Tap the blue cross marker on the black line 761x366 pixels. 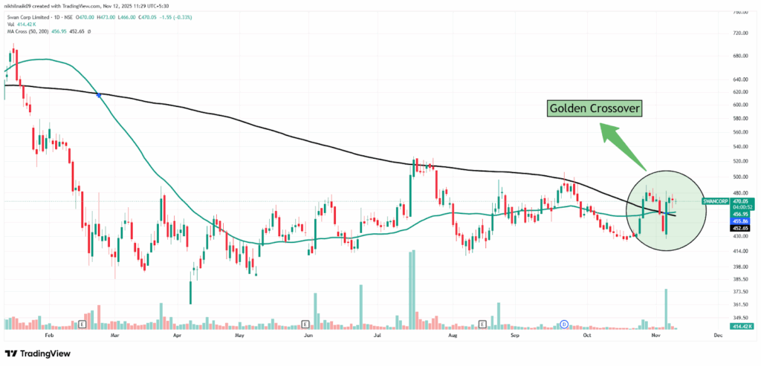(x=99, y=94)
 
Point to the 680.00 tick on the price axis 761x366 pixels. (x=739, y=56)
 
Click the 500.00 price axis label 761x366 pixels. (x=739, y=177)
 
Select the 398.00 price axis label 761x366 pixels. (x=739, y=267)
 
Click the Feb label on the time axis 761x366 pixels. (x=49, y=336)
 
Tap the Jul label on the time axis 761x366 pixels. (x=378, y=336)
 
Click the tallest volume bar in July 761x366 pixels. (x=410, y=290)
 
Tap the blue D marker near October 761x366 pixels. (x=564, y=324)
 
